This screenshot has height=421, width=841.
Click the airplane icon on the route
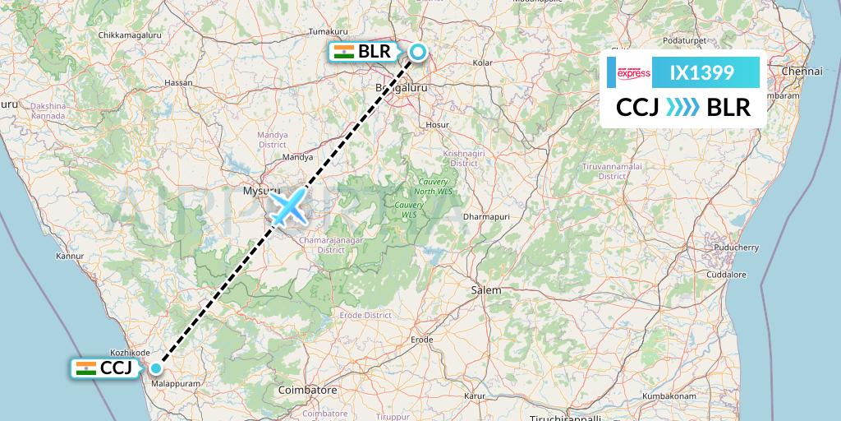click(x=288, y=206)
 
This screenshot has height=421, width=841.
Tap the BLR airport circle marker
click(x=418, y=53)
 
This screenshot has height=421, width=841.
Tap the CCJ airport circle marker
click(x=155, y=368)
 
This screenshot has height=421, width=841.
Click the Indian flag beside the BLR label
click(x=344, y=52)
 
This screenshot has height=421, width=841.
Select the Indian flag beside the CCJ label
click(x=85, y=368)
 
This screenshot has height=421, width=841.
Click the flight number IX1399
click(x=702, y=72)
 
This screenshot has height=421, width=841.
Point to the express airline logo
click(x=633, y=73)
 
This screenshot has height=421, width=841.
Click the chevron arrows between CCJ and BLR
click(x=682, y=107)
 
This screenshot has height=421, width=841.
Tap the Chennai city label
click(x=802, y=72)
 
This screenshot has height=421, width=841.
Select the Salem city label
click(x=486, y=290)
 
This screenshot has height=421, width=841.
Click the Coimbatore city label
click(x=308, y=389)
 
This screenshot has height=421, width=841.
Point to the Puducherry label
click(x=736, y=247)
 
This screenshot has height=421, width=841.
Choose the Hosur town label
click(x=437, y=125)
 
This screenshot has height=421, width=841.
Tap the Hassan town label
click(x=178, y=83)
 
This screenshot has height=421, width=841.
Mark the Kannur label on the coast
click(x=70, y=257)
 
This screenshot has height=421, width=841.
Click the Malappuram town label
click(x=177, y=383)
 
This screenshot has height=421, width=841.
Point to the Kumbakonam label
click(x=670, y=396)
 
